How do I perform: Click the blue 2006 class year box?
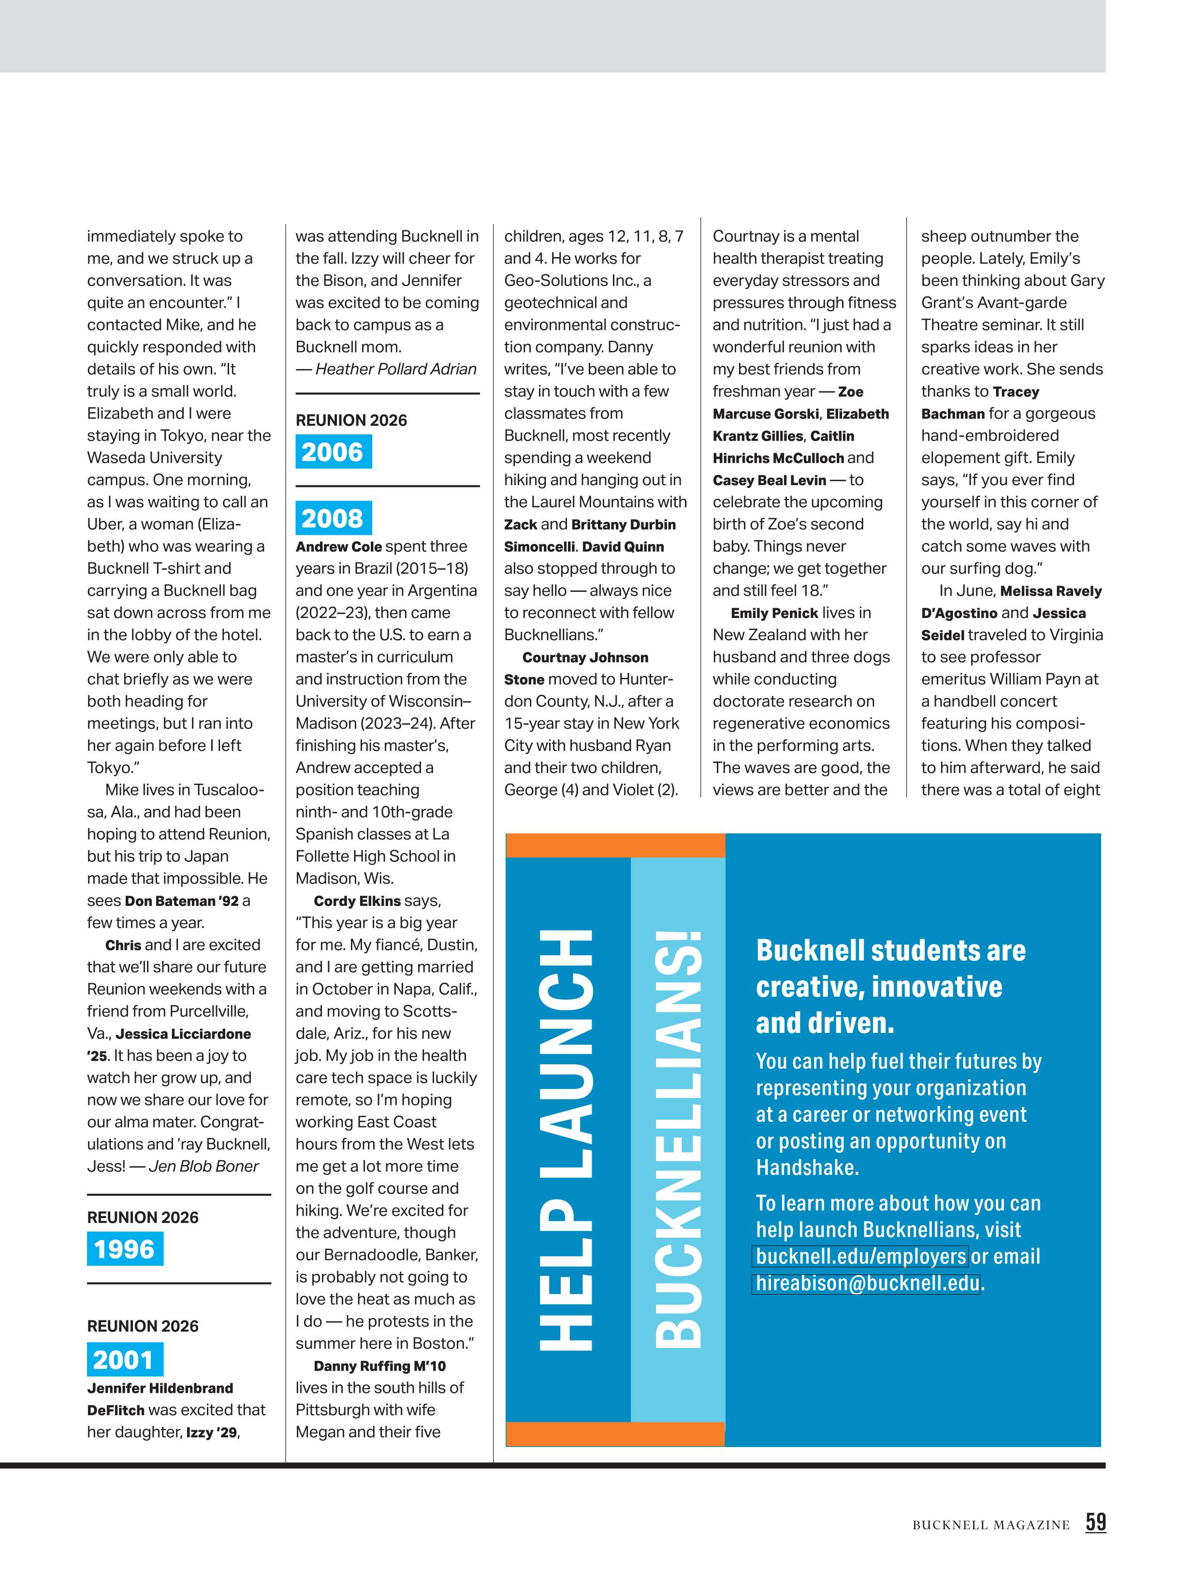tap(333, 452)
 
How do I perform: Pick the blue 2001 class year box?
tap(125, 1360)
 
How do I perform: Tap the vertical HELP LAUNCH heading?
tap(567, 1140)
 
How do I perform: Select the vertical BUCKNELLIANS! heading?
tap(677, 1140)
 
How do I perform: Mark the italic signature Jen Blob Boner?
tap(203, 1166)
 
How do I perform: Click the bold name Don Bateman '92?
tap(182, 901)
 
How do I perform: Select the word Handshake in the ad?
tap(807, 1168)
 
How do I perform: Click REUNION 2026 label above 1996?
tap(143, 1218)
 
